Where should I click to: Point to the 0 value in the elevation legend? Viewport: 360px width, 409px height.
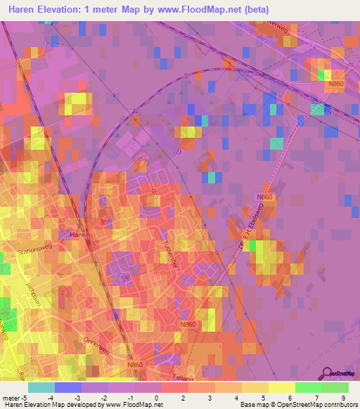(x=155, y=397)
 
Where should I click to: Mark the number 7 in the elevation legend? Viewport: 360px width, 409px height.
(x=316, y=397)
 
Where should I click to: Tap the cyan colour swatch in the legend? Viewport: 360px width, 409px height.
(x=41, y=387)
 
